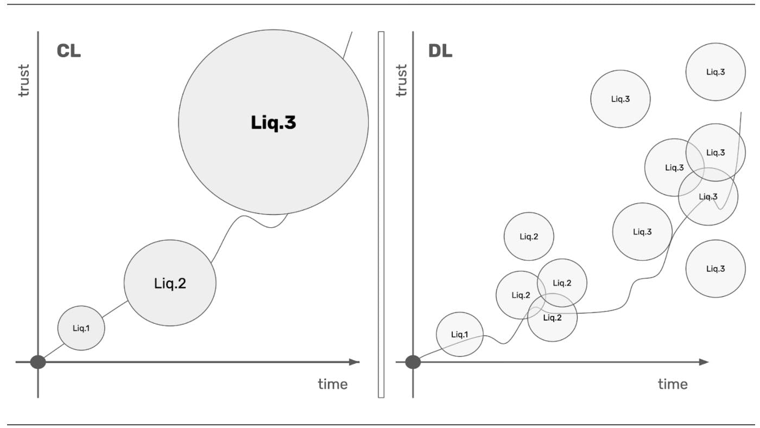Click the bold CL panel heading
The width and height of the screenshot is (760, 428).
click(68, 52)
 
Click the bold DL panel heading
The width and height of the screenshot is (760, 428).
click(440, 52)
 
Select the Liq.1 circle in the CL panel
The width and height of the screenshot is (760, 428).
click(81, 328)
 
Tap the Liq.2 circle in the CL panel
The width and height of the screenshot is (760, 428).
click(170, 283)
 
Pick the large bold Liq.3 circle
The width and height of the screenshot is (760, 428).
click(273, 123)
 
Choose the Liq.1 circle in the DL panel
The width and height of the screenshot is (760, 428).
click(459, 334)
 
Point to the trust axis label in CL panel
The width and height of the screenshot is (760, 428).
click(23, 80)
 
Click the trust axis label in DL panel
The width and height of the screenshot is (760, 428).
click(401, 80)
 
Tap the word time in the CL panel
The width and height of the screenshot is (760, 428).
click(332, 384)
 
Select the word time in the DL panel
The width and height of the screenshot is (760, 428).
click(673, 384)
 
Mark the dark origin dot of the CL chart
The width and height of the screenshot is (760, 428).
click(38, 362)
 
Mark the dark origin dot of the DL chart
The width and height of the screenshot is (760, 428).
click(413, 362)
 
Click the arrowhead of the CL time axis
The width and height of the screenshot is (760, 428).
click(354, 362)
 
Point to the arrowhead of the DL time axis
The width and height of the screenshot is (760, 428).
click(704, 362)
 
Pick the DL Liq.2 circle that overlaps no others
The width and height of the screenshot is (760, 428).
click(529, 237)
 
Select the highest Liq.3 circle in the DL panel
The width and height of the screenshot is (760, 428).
click(715, 72)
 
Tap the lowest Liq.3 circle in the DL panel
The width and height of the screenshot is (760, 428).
click(715, 269)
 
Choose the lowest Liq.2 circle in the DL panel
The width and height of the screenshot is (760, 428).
click(553, 318)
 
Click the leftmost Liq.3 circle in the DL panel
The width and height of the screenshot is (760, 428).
click(620, 99)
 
